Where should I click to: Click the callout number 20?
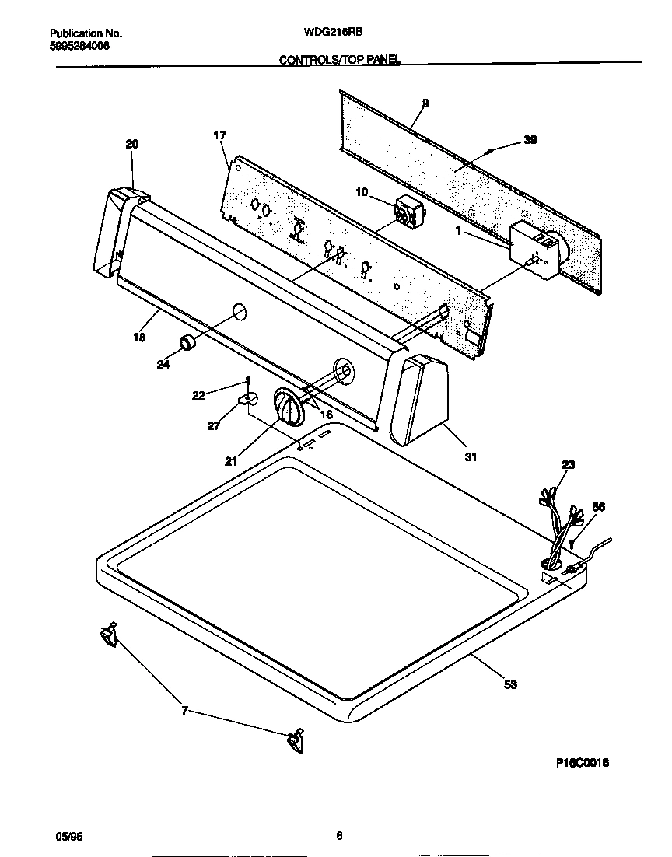click(132, 144)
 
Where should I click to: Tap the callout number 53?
click(510, 684)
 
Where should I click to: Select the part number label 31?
click(471, 457)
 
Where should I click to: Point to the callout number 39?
click(530, 140)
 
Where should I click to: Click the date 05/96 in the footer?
click(68, 836)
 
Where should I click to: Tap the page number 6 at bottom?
click(339, 836)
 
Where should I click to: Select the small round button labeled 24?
click(187, 342)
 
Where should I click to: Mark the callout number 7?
click(184, 711)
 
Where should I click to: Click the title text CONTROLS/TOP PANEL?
click(339, 59)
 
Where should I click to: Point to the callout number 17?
click(219, 136)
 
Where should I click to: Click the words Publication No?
click(86, 33)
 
